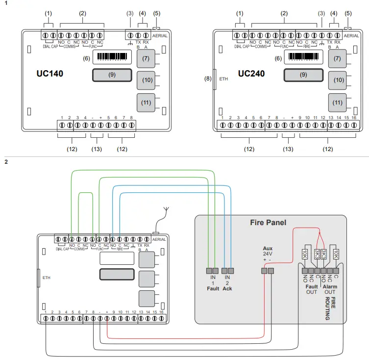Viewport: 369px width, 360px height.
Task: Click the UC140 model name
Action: point(49,74)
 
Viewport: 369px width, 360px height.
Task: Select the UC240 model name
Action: point(251,74)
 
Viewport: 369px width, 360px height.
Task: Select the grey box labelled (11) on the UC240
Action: point(337,103)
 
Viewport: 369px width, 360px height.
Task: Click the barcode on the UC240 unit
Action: point(304,57)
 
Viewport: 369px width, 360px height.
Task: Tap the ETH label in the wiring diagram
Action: point(46,277)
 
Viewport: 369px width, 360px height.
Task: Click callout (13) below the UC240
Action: point(289,148)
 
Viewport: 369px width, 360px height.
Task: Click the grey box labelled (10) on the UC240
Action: point(337,79)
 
